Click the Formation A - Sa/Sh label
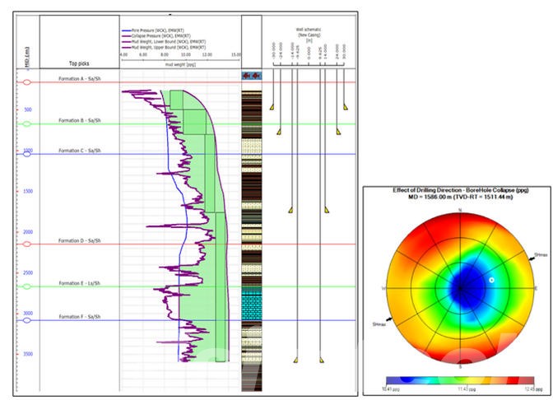point(80,79)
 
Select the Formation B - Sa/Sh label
point(80,121)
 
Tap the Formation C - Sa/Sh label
point(80,151)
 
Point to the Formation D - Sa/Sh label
point(80,240)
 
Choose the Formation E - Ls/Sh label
point(80,283)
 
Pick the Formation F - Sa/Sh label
point(80,316)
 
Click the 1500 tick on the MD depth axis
point(28,191)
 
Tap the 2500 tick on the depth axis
point(28,272)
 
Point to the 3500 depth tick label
point(28,354)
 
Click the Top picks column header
point(80,64)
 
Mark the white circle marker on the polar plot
point(491,281)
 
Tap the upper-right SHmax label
point(541,255)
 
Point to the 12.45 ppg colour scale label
point(537,386)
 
